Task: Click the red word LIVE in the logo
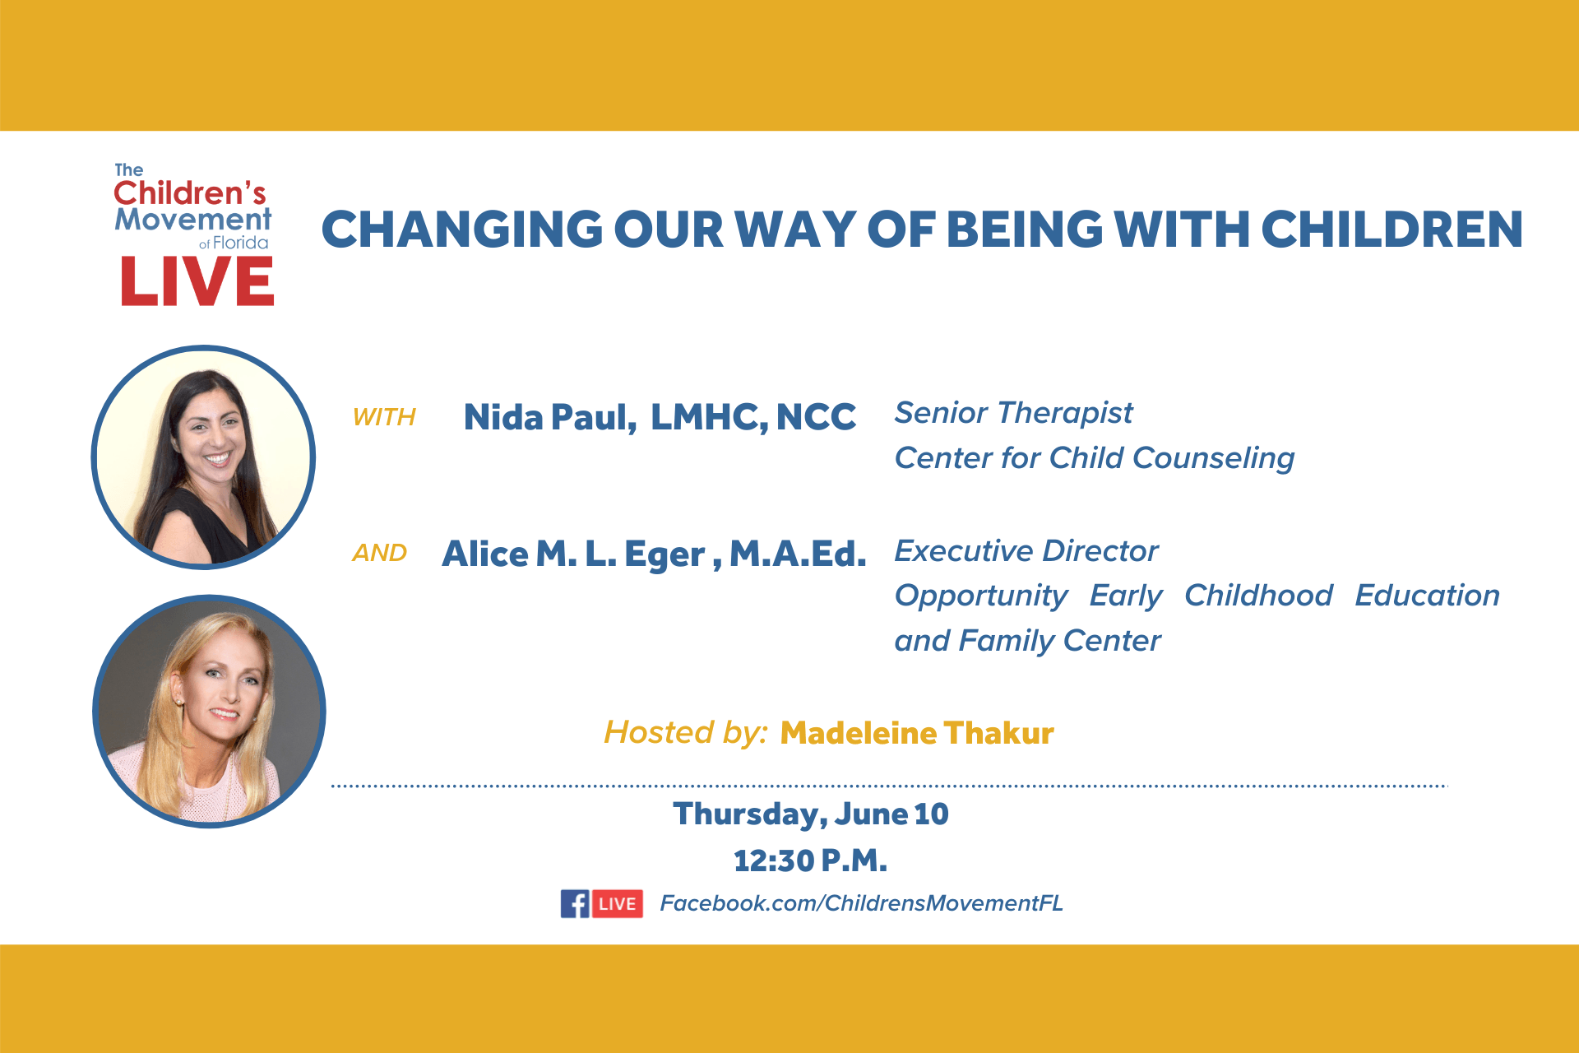(197, 281)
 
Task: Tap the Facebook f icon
(575, 903)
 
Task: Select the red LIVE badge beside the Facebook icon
(617, 903)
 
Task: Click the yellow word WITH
(384, 417)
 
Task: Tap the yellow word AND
(380, 553)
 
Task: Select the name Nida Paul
(549, 418)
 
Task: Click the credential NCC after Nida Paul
(816, 417)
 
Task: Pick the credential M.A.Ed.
(798, 554)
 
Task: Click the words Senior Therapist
(1013, 413)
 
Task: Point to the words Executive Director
(1026, 551)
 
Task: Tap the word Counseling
(1213, 459)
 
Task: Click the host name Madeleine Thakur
(917, 733)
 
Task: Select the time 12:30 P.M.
(810, 860)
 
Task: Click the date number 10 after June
(931, 814)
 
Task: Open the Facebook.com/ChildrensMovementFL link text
(861, 903)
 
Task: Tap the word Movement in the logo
(192, 220)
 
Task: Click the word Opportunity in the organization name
(981, 596)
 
